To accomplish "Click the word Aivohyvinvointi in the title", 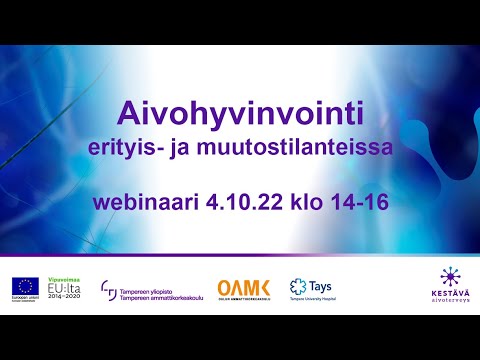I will click(x=240, y=110).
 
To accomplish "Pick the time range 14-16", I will click(x=359, y=202).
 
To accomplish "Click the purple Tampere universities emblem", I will click(x=109, y=290).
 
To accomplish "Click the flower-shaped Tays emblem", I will click(x=297, y=288).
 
